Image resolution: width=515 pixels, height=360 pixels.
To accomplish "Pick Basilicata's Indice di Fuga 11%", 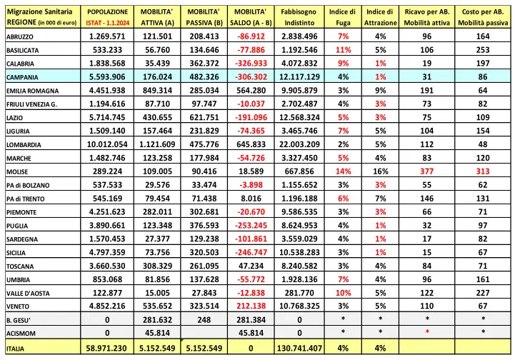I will tap(343, 49).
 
